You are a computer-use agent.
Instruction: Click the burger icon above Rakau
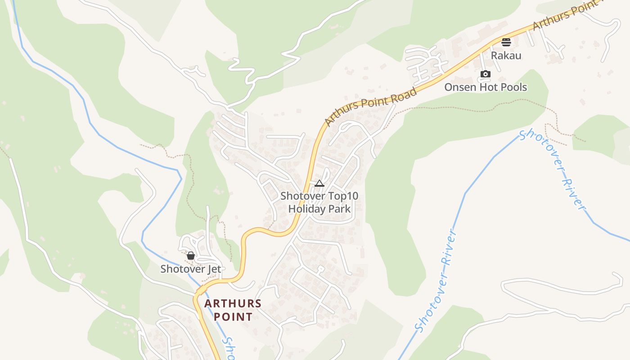pyautogui.click(x=506, y=42)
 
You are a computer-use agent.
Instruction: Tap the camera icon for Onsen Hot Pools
pyautogui.click(x=485, y=74)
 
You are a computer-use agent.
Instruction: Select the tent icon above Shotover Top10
pyautogui.click(x=319, y=183)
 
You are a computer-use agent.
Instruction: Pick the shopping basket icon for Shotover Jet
pyautogui.click(x=191, y=256)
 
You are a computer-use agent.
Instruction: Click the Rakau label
pyautogui.click(x=506, y=55)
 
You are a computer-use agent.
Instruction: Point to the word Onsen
pyautogui.click(x=459, y=87)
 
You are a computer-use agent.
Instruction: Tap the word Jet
pyautogui.click(x=214, y=269)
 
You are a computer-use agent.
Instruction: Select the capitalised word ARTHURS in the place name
pyautogui.click(x=233, y=303)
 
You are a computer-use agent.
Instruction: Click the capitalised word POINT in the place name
pyautogui.click(x=233, y=316)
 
